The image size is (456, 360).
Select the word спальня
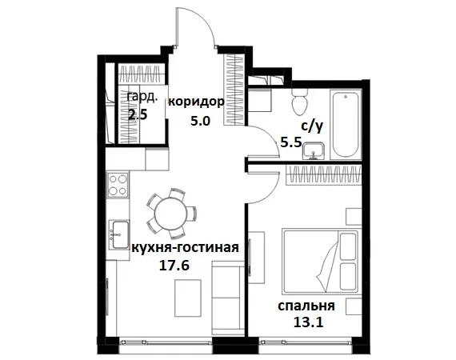[306, 306]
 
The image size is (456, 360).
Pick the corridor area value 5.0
[199, 122]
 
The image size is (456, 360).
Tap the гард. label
[142, 98]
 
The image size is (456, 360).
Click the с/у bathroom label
[312, 126]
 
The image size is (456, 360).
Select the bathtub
[347, 123]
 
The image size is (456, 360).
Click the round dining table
[171, 213]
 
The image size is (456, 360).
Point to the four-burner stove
[118, 185]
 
